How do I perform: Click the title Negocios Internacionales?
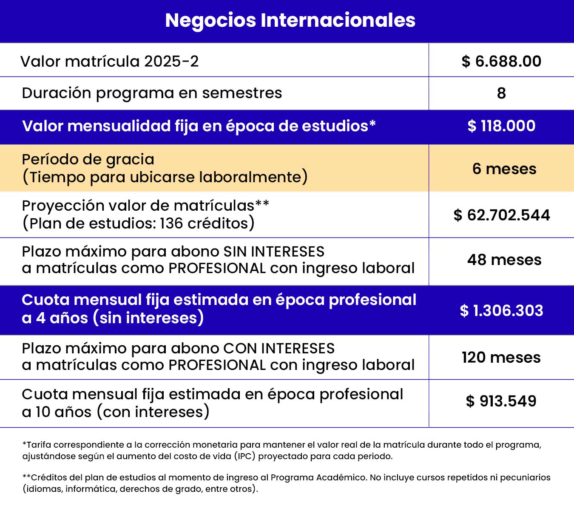pos(290,20)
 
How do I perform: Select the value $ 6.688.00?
pos(501,62)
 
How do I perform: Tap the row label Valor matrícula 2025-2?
pos(110,62)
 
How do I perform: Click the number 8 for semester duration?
pos(501,93)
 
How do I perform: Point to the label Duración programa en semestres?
pos(152,93)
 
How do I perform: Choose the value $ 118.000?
pos(501,126)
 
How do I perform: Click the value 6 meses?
pos(504,169)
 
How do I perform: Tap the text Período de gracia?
pos(88,159)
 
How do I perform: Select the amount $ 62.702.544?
pos(502,215)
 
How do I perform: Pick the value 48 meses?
pos(504,260)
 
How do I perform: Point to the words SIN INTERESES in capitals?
pos(274,252)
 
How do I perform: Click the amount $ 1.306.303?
pos(502,311)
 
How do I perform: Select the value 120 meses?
pos(501,358)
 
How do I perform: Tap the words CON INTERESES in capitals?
pos(279,349)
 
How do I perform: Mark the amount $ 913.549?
pos(501,401)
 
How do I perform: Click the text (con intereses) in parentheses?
pos(153,412)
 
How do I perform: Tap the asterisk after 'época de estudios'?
pos(372,124)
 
